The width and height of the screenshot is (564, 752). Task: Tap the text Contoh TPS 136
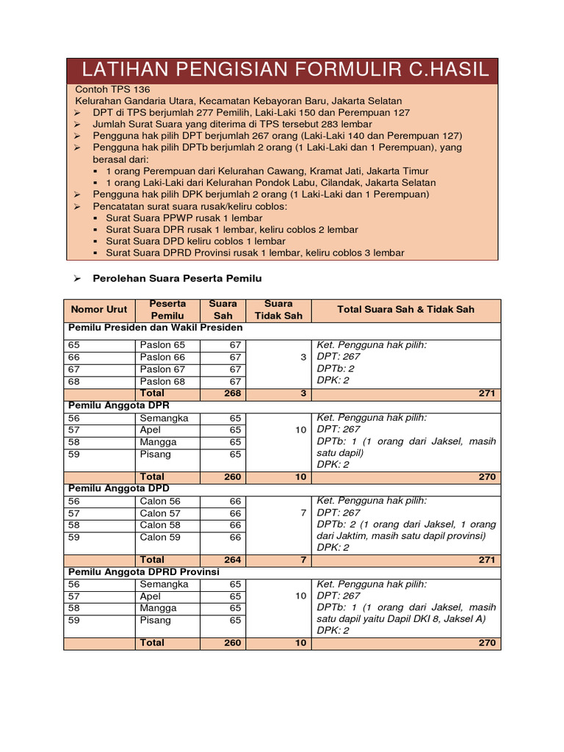coord(112,89)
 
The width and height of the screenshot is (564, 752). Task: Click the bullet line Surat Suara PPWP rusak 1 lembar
coord(184,218)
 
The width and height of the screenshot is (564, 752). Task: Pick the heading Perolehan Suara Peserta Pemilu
coord(177,278)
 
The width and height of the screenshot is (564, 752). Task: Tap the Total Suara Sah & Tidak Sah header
coord(405,310)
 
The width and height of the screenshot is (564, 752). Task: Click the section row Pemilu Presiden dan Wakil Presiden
coord(155,328)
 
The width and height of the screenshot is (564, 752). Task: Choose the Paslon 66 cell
coord(162,357)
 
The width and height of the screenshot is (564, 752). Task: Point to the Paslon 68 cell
coord(162,381)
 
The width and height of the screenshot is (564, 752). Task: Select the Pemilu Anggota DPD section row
coord(118,488)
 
